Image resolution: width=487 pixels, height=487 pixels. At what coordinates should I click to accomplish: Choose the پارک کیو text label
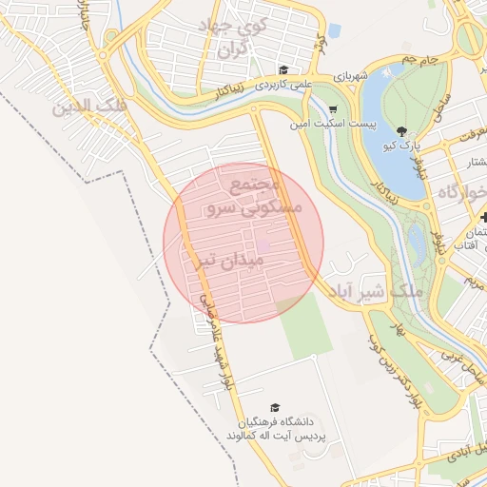tap(400, 146)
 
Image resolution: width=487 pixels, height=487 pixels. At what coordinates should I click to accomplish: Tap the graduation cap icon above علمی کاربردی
tap(282, 69)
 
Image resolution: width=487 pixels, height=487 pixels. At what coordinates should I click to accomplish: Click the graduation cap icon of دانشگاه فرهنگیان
tap(276, 407)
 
